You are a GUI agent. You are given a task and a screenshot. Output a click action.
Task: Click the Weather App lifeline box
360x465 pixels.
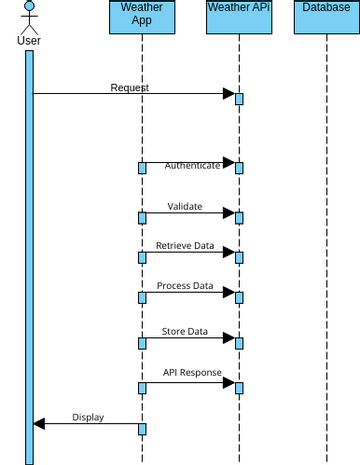point(142,17)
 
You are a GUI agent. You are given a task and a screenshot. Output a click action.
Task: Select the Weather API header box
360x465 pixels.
point(239,17)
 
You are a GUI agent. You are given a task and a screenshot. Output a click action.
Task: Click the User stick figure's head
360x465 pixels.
point(29,8)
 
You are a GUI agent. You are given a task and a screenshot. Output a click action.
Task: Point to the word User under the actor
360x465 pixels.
point(29,41)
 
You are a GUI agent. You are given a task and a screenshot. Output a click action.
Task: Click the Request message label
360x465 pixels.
point(129,87)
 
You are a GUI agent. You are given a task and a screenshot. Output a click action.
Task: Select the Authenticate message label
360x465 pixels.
point(192,166)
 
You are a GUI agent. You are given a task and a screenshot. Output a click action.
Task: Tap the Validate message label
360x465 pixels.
point(185,207)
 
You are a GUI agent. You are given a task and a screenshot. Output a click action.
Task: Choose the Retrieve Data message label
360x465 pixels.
point(185,245)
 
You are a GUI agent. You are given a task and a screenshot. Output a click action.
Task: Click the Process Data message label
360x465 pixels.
point(185,286)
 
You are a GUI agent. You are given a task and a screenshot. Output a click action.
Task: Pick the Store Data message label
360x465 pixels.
point(185,331)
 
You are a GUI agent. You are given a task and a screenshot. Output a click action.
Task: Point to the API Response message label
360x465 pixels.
point(193,372)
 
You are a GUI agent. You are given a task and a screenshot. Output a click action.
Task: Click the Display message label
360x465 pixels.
point(88,417)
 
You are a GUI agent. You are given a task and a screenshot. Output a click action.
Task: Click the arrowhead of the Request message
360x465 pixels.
point(228,94)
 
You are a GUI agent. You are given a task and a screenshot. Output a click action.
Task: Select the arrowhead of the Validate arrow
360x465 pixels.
point(228,212)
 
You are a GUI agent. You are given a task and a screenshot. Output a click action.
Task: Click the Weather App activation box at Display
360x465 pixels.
point(142,429)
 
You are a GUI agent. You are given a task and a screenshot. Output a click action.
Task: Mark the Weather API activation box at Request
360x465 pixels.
point(239,98)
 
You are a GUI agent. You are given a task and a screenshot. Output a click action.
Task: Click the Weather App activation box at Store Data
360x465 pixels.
point(142,343)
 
